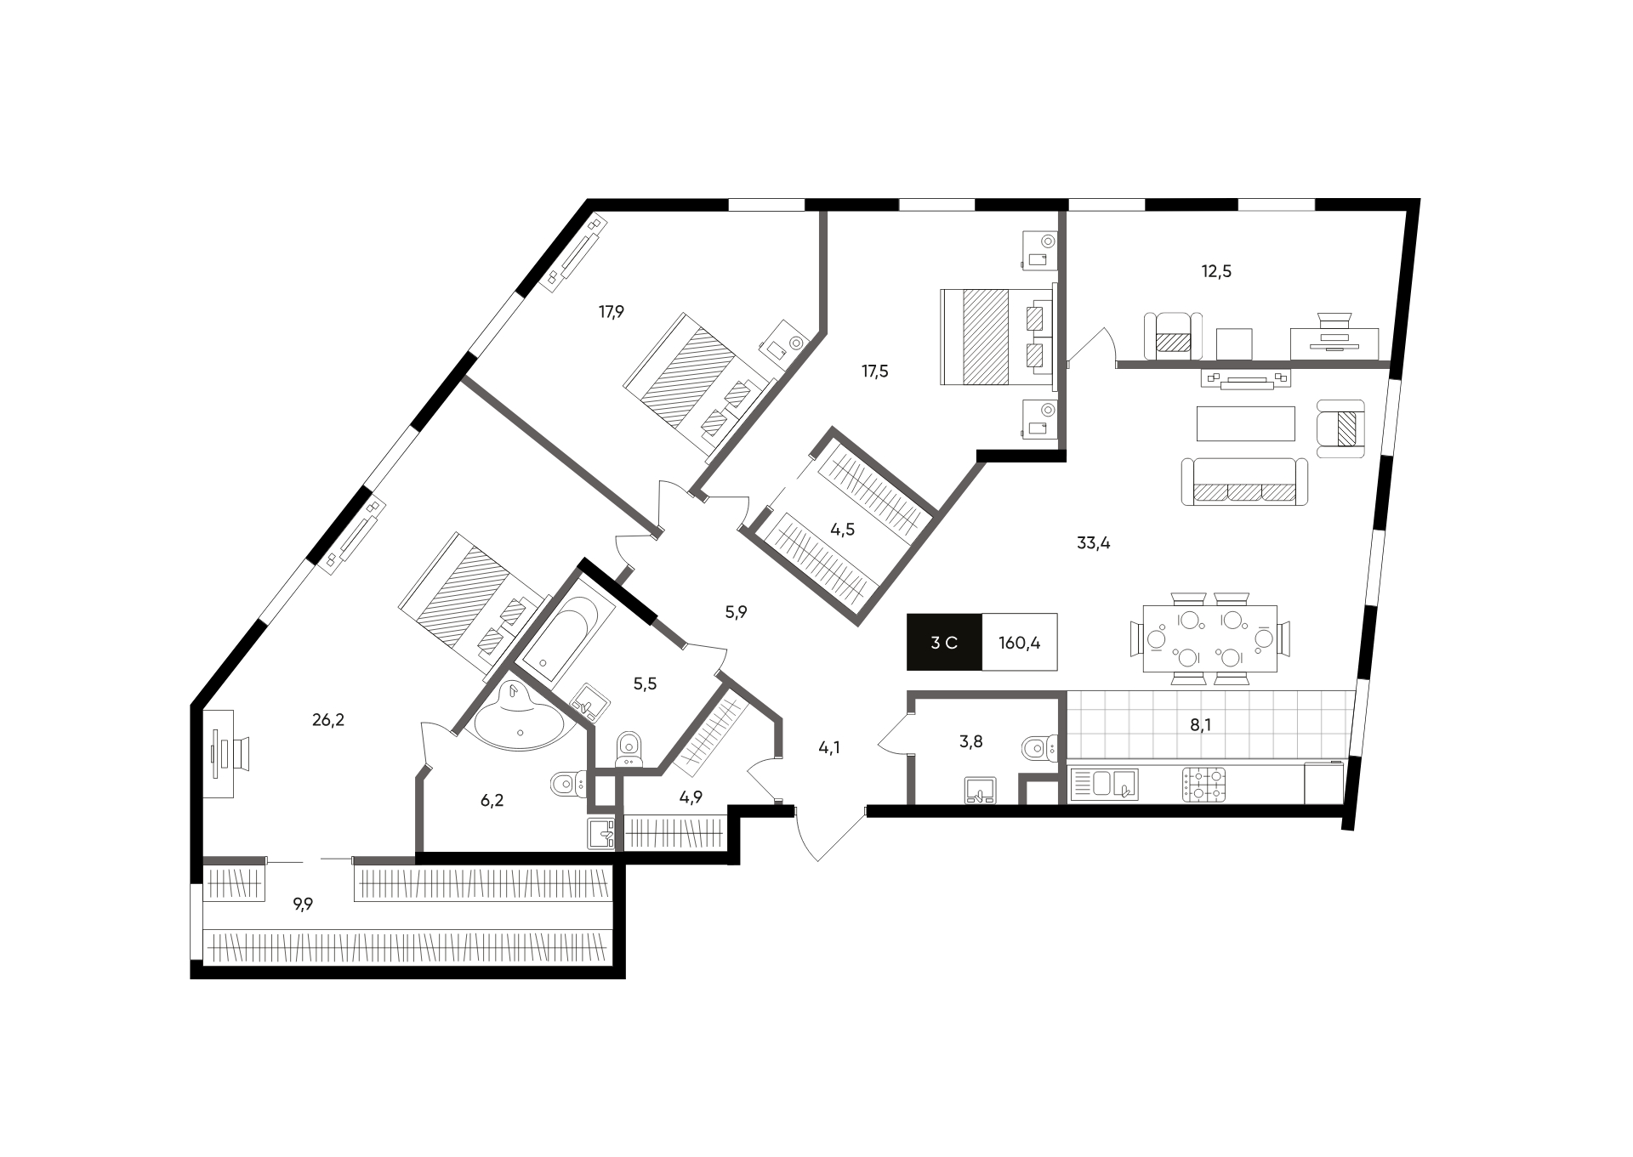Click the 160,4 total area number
click(x=1019, y=643)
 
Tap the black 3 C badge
click(x=944, y=642)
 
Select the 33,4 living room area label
click(x=1094, y=543)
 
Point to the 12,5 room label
click(x=1215, y=271)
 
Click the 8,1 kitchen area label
click(x=1200, y=725)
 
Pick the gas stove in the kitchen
click(x=1203, y=784)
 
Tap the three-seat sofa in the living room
click(x=1244, y=482)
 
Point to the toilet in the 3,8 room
click(x=1038, y=748)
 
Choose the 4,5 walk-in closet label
click(x=842, y=530)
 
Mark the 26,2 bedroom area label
click(x=327, y=720)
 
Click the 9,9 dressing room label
click(x=303, y=905)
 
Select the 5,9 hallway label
click(x=736, y=611)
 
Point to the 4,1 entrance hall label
click(x=829, y=748)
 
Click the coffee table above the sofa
click(x=1246, y=423)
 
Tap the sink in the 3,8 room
click(x=982, y=791)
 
